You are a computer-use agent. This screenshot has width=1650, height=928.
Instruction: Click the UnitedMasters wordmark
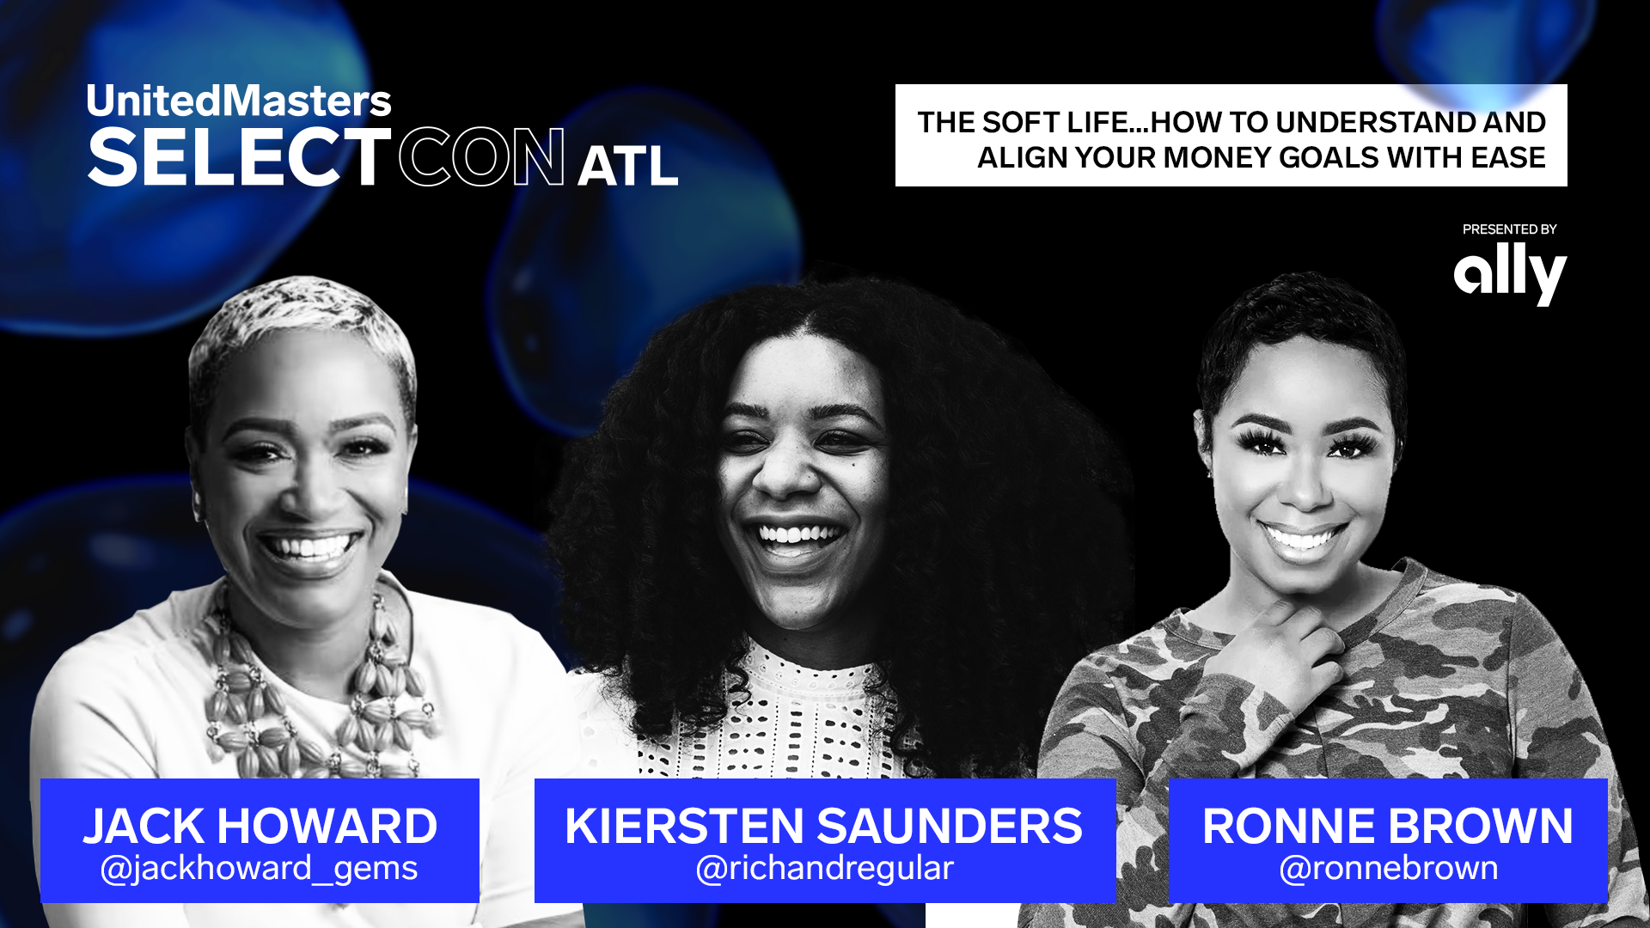(239, 101)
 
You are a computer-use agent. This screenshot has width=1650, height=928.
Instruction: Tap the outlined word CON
(481, 158)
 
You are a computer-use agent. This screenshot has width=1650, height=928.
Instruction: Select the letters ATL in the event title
(627, 166)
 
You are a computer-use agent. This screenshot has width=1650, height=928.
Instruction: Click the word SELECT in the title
(239, 158)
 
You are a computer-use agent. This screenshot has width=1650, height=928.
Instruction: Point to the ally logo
(1510, 272)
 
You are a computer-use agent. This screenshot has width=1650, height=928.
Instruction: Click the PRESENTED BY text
(1509, 229)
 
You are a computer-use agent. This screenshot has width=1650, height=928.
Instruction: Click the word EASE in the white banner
(1508, 158)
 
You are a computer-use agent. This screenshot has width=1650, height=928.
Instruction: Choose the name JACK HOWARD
(260, 826)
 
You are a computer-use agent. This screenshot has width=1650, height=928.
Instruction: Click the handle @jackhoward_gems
(260, 869)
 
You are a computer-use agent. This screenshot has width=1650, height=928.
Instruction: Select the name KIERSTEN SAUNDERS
(823, 826)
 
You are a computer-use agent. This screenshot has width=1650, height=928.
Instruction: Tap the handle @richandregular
(824, 869)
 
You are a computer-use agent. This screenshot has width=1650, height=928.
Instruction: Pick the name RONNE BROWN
(1387, 826)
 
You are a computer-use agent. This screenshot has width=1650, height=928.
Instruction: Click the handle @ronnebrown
(1388, 869)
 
